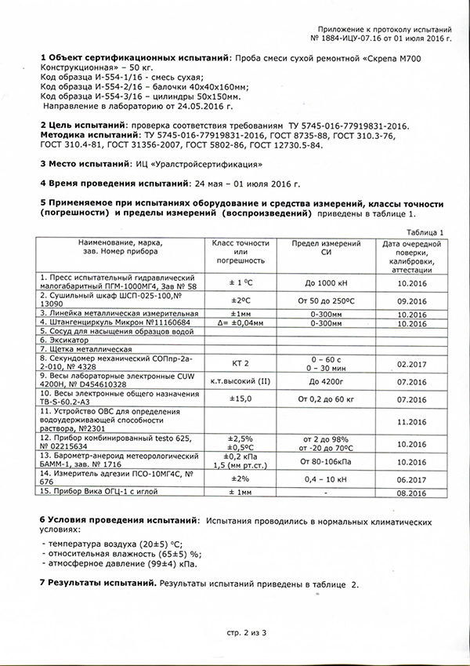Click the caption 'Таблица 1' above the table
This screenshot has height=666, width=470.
tap(426, 232)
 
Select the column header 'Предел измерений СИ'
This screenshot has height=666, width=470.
tap(326, 249)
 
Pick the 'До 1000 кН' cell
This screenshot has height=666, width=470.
tap(326, 282)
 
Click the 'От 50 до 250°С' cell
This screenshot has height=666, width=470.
tap(326, 300)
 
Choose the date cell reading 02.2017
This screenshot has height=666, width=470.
tap(410, 364)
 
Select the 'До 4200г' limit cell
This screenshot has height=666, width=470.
tap(326, 383)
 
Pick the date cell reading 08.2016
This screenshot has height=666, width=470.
tap(410, 493)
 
